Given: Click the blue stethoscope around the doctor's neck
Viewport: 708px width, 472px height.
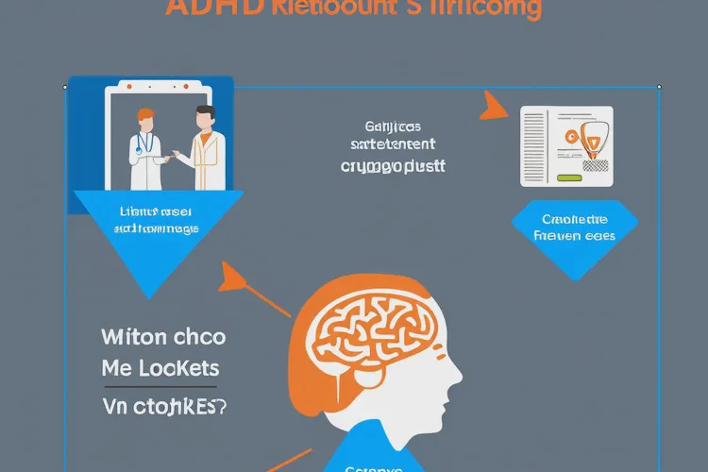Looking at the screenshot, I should click(143, 143).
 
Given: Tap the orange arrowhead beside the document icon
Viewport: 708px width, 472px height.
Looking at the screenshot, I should click(494, 106).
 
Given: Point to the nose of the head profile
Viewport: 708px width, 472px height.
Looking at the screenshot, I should click(460, 379).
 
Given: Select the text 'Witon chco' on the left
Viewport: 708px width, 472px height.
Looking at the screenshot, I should click(163, 337).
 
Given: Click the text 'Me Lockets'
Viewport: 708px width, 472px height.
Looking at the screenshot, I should click(160, 368).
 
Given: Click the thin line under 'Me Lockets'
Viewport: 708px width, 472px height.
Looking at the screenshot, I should click(160, 387).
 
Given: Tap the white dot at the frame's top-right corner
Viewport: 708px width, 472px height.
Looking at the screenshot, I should click(659, 87).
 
